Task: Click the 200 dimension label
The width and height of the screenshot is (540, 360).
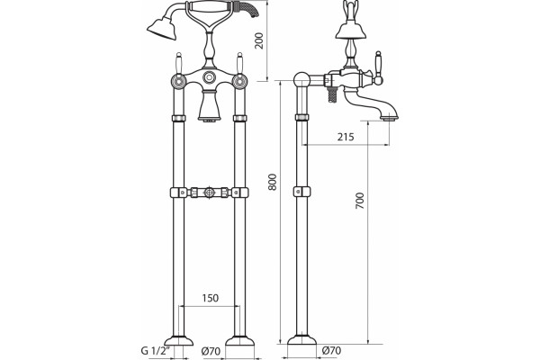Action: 260,40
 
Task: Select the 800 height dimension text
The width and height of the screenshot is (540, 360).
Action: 273,182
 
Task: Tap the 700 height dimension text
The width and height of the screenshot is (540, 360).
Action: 359,201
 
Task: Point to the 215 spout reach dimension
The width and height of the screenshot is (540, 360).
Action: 346,137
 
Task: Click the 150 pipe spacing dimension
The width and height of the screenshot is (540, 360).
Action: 210,298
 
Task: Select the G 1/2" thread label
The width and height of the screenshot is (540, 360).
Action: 156,351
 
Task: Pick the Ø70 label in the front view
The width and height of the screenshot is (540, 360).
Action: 211,351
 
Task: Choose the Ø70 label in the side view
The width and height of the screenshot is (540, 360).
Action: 331,351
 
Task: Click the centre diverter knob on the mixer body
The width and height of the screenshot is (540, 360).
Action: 209,77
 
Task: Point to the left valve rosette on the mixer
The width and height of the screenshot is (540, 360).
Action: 179,81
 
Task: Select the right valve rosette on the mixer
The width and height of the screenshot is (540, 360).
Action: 239,81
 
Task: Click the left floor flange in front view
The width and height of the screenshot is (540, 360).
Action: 178,340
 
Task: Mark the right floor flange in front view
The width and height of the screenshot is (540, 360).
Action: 239,340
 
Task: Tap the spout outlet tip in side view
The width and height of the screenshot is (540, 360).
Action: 391,119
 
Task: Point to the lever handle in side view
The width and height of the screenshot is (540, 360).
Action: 379,68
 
